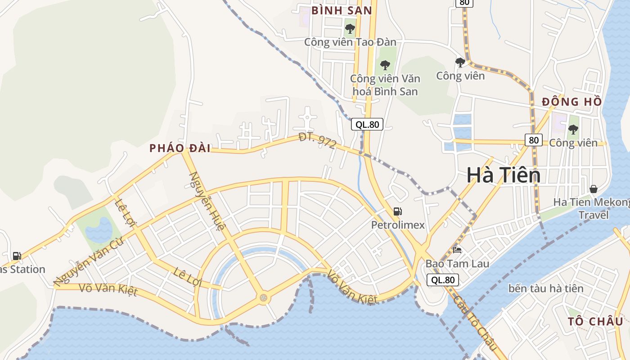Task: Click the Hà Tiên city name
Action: pos(503,175)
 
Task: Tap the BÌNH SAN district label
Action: pos(342,10)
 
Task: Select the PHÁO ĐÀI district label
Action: pos(180,148)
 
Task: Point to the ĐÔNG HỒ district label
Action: pos(571,102)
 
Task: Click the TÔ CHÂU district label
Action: pos(595,321)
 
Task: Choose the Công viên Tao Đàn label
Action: pos(350,42)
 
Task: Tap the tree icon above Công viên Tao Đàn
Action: pos(350,29)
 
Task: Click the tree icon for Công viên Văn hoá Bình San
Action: pos(385,65)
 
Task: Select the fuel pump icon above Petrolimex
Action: pos(398,211)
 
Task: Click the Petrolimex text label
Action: pos(398,225)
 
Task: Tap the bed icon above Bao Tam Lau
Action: pos(457,250)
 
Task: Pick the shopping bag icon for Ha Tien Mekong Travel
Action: pos(594,189)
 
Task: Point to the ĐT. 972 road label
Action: pos(317,141)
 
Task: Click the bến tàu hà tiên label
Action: pos(546,288)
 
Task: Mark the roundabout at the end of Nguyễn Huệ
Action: pos(263,297)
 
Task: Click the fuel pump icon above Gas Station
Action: pos(17,256)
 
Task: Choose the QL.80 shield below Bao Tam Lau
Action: pos(443,280)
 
